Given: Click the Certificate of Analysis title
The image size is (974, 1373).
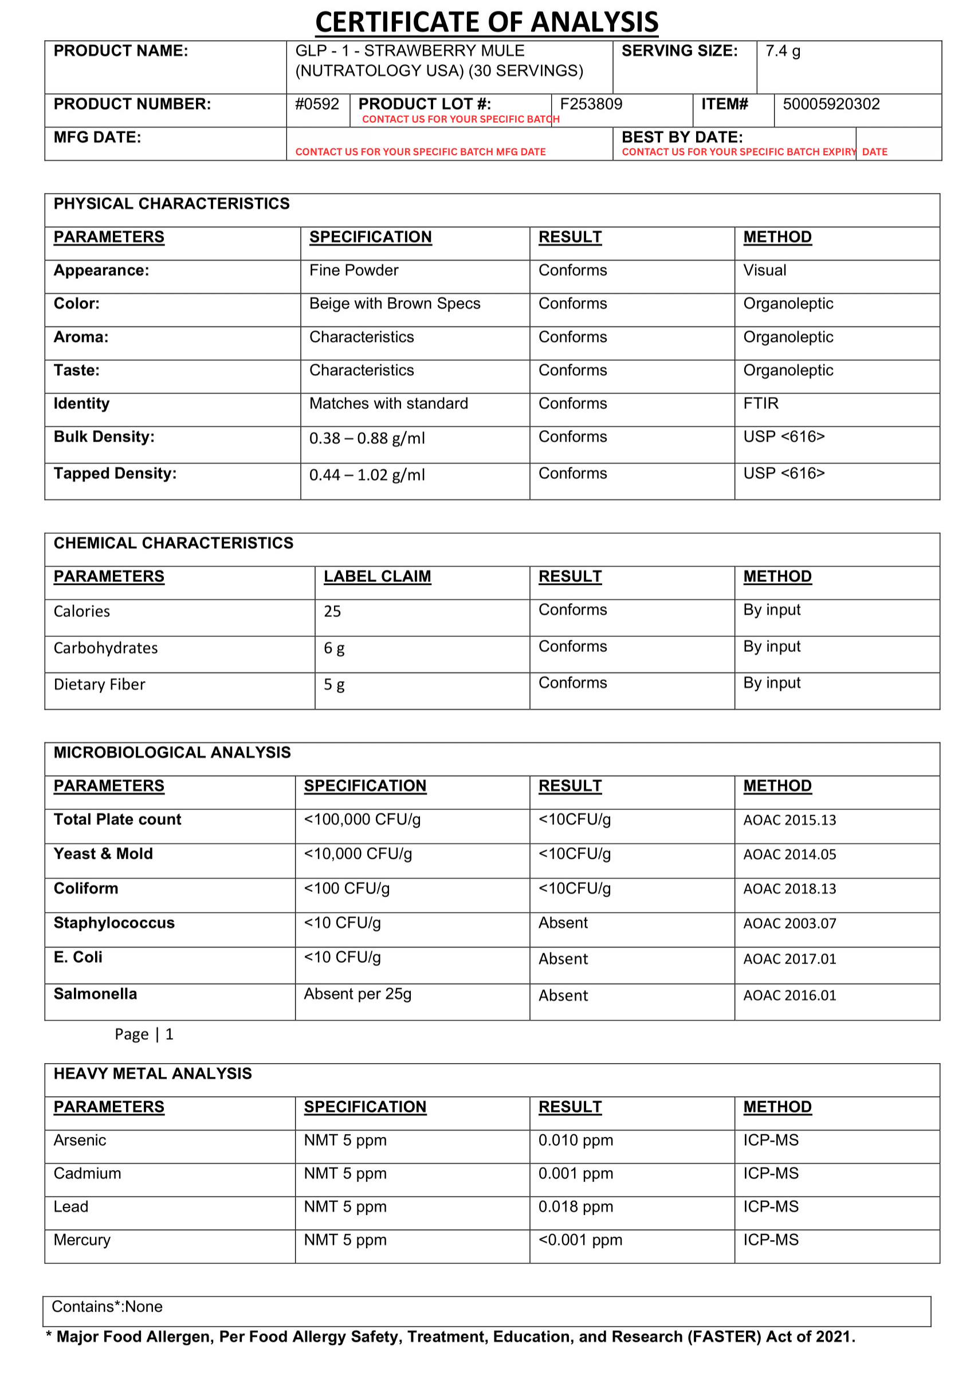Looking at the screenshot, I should pos(486,22).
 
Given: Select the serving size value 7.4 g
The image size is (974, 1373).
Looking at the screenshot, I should pos(782,51).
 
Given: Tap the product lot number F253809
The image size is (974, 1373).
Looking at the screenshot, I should pos(591,104).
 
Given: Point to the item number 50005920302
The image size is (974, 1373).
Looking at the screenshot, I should pos(831,104).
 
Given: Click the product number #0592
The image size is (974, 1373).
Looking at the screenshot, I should pos(317,104).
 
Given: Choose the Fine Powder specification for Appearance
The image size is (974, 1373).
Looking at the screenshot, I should pos(354,270).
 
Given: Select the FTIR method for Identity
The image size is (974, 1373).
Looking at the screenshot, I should pos(760,403).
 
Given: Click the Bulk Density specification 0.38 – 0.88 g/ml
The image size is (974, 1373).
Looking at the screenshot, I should pos(367,438).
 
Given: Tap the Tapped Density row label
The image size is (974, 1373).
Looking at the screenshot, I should pos(115,474).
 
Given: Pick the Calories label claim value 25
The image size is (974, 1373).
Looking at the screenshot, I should pos(332,612).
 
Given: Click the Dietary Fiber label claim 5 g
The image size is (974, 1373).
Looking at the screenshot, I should pos(333,684).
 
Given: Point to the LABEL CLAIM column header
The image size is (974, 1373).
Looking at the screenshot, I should pos(376,577).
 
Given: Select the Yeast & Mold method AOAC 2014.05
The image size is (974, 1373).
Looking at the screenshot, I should pos(790,855).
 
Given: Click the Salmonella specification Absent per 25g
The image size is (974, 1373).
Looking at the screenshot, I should pos(358,994).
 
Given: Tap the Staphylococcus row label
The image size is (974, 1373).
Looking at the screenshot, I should pos(114,923).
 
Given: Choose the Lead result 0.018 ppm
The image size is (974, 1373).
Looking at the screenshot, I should pos(575,1207).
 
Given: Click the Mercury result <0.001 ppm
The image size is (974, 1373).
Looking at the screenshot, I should pos(580,1240).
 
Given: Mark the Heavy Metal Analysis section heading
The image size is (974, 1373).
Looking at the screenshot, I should pos(152,1074).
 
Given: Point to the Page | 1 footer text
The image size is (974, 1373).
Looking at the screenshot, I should pos(144,1034).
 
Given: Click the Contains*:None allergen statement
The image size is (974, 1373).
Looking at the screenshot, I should pos(107,1307).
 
